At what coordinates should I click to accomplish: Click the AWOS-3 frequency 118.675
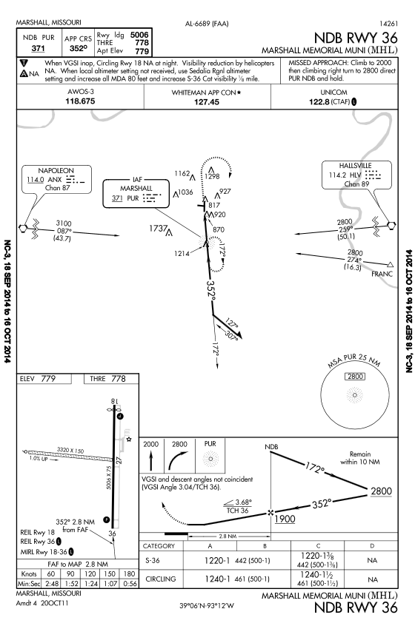coord(80,101)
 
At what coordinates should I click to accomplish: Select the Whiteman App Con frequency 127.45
coord(207,102)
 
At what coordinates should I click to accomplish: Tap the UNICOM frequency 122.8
coord(319,102)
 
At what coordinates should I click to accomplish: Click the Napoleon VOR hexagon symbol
coord(23,228)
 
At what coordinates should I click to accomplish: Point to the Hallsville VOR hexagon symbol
coord(392,225)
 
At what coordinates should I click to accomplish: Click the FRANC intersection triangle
coord(391,264)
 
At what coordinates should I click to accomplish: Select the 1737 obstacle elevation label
coord(158,229)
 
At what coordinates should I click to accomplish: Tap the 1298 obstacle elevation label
coord(212,176)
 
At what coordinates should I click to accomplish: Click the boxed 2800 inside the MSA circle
coord(355,376)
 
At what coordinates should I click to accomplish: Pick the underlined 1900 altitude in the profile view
coord(285,519)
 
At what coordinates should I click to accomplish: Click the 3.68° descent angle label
coord(243,502)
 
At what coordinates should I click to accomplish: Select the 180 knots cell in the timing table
coord(130,573)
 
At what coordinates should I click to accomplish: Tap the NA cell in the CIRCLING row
coord(372,579)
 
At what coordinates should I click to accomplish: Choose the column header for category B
coord(265,546)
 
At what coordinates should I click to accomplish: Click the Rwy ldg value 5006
coord(139,35)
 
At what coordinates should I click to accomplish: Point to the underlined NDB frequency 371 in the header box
coord(38,48)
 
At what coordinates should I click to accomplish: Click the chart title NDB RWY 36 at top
coord(356,38)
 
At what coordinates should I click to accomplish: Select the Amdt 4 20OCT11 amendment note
coord(42,603)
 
